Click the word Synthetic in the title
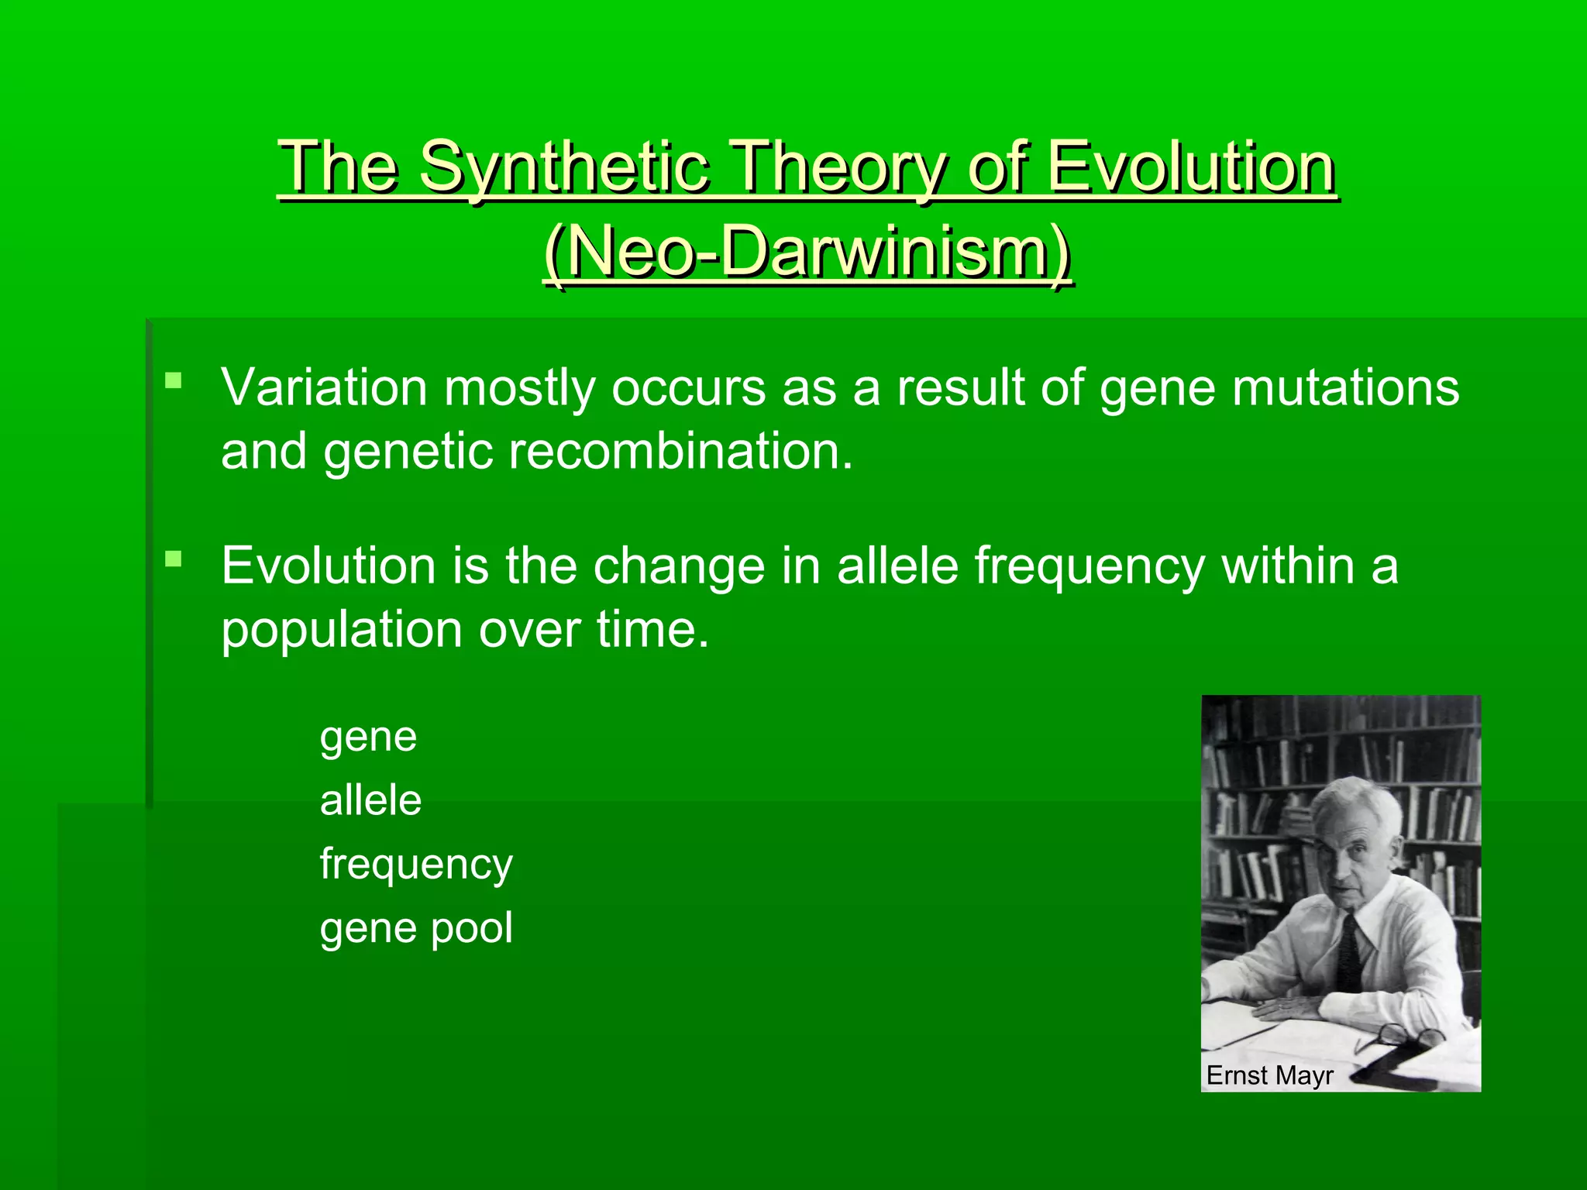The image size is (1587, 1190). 563,167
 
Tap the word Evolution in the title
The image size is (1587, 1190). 1190,167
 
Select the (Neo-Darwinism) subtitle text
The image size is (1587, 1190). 807,252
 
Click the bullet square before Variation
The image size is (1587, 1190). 174,380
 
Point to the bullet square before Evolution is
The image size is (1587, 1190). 174,559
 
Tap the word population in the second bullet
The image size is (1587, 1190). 342,629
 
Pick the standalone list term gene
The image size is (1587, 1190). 368,737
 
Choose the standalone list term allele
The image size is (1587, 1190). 370,800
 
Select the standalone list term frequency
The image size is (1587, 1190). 416,865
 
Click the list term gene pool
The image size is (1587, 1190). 416,928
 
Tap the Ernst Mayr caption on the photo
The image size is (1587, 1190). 1269,1075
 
